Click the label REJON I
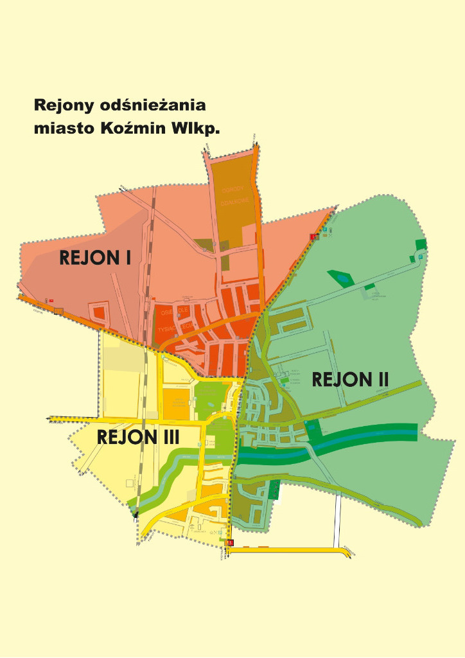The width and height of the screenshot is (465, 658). pos(95,258)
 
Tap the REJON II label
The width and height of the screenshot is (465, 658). pos(351,380)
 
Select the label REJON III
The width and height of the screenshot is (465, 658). pos(137,438)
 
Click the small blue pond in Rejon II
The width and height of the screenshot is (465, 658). pos(341,278)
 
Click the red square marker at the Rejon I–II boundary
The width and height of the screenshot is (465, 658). pos(313,237)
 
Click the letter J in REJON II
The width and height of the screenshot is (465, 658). pos(337,380)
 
